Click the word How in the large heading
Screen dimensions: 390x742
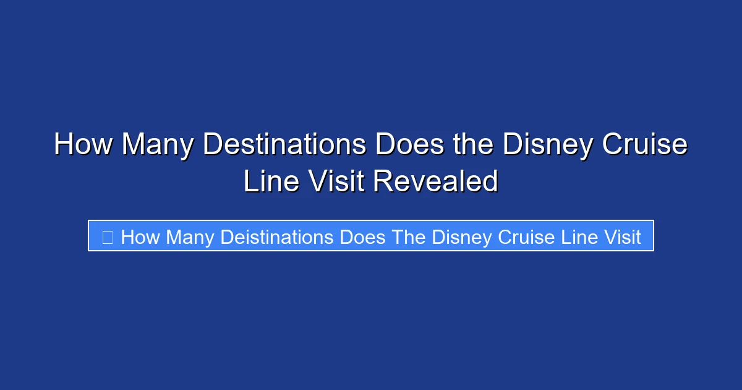tap(83, 145)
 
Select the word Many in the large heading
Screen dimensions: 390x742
tap(159, 145)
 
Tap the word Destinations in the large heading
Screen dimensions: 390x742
tap(284, 145)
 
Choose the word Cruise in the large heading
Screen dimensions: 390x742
tap(643, 145)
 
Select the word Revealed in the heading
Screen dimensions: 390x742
tap(435, 182)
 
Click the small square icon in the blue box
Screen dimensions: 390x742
tap(107, 237)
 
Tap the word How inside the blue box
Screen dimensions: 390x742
tap(140, 237)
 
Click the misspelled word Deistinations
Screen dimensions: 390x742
tap(278, 237)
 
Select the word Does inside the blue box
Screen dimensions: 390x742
tap(364, 237)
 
